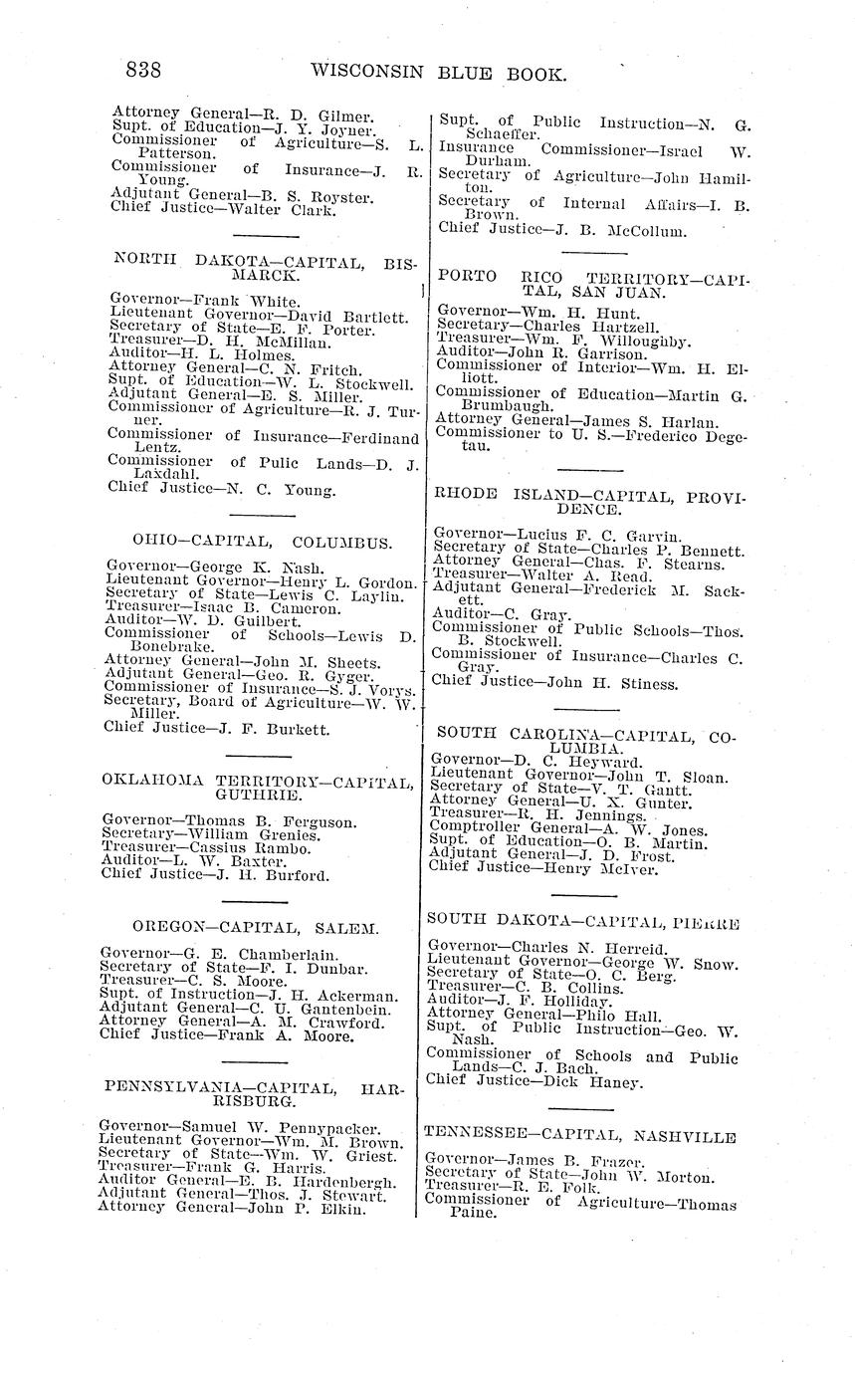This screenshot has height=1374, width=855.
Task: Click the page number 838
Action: pyautogui.click(x=143, y=71)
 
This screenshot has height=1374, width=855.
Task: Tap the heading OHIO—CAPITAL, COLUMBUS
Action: pyautogui.click(x=248, y=542)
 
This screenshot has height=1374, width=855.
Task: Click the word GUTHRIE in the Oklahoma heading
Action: pyautogui.click(x=258, y=796)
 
